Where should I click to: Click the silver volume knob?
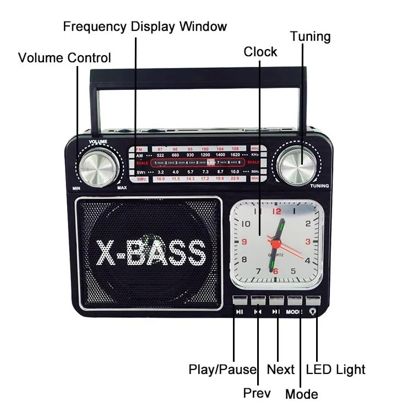tap(98, 167)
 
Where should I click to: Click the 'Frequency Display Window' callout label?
tap(145, 26)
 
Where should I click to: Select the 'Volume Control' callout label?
tap(64, 58)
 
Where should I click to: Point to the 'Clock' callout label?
tap(260, 52)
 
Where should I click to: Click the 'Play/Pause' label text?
tap(222, 369)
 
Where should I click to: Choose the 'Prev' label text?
tap(257, 393)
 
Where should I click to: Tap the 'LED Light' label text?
tap(335, 369)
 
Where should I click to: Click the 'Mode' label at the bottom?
tap(301, 394)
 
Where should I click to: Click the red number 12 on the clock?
tap(276, 211)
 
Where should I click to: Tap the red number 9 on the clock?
tap(244, 241)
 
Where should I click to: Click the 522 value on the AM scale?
tap(160, 156)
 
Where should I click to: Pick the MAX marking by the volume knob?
tap(122, 187)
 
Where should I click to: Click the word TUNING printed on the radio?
tap(319, 186)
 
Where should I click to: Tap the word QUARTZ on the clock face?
tap(276, 254)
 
